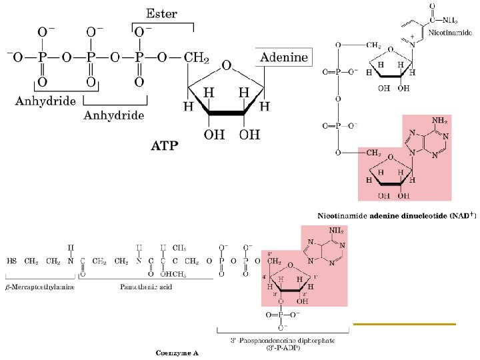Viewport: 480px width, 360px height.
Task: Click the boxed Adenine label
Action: coord(284,57)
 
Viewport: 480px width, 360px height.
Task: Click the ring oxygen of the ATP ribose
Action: coord(226,65)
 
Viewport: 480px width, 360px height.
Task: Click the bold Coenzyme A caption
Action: coord(177,352)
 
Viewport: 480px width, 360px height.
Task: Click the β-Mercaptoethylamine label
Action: coord(41,287)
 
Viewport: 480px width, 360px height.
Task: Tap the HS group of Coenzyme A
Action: coord(12,261)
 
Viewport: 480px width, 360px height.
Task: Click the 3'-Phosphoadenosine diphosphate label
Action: coord(283,341)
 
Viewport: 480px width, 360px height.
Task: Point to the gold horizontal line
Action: coord(404,323)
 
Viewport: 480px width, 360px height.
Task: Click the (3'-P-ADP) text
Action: coord(283,347)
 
